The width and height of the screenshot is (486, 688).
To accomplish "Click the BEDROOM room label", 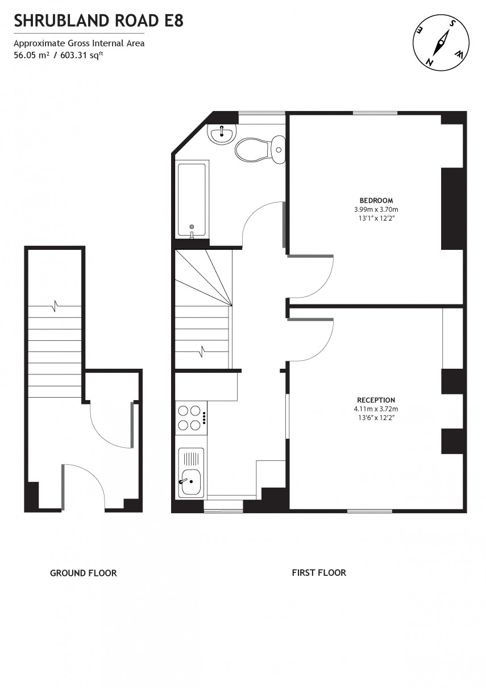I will (376, 200).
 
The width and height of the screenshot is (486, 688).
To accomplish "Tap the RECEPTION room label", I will (376, 400).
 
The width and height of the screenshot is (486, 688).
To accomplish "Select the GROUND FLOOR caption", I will (84, 573).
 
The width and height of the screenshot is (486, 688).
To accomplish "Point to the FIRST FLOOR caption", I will (319, 572).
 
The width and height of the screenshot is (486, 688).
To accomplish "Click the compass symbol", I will (441, 43).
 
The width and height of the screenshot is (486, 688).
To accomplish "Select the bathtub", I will (192, 199).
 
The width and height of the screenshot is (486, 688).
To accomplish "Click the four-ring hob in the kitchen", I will (190, 417).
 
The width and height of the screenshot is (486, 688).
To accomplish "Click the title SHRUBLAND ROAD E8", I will (98, 22).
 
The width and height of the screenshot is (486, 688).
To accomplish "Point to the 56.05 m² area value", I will (31, 55).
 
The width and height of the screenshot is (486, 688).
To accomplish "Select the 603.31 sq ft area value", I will (82, 55).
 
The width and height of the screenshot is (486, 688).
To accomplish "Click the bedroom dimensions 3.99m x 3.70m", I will (376, 209).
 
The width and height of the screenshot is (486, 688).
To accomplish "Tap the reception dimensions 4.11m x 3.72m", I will (376, 409).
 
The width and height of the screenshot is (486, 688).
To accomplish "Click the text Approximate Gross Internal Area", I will (79, 43).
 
